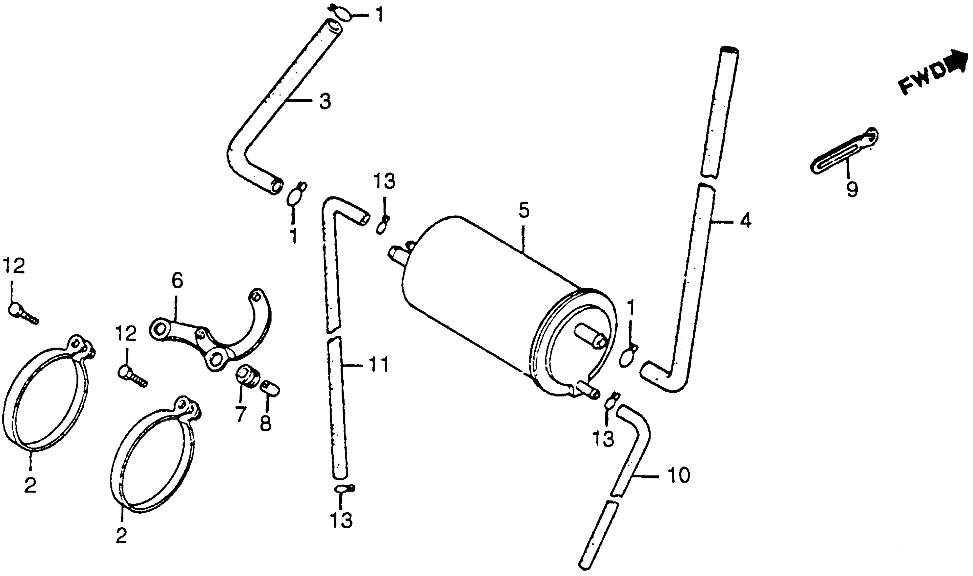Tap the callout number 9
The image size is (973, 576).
(852, 190)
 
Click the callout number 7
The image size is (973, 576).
(241, 415)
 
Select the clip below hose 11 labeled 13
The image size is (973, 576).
(343, 488)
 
